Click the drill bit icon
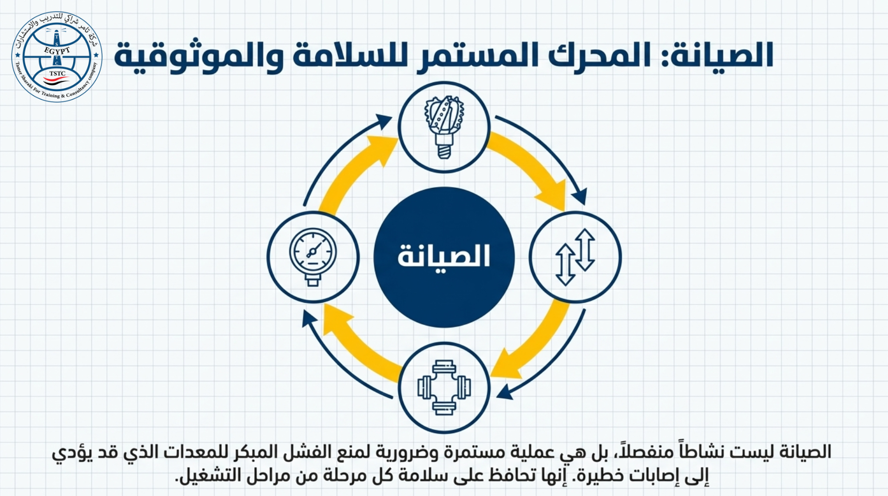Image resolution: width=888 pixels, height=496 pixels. pyautogui.click(x=444, y=127)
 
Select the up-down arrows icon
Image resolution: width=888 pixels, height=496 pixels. pyautogui.click(x=575, y=257)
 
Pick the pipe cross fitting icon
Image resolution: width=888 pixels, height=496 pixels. pyautogui.click(x=444, y=387)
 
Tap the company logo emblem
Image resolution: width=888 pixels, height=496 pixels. pyautogui.click(x=57, y=57)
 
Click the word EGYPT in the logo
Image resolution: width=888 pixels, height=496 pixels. pyautogui.click(x=57, y=50)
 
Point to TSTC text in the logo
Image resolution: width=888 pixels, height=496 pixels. pyautogui.click(x=57, y=74)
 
